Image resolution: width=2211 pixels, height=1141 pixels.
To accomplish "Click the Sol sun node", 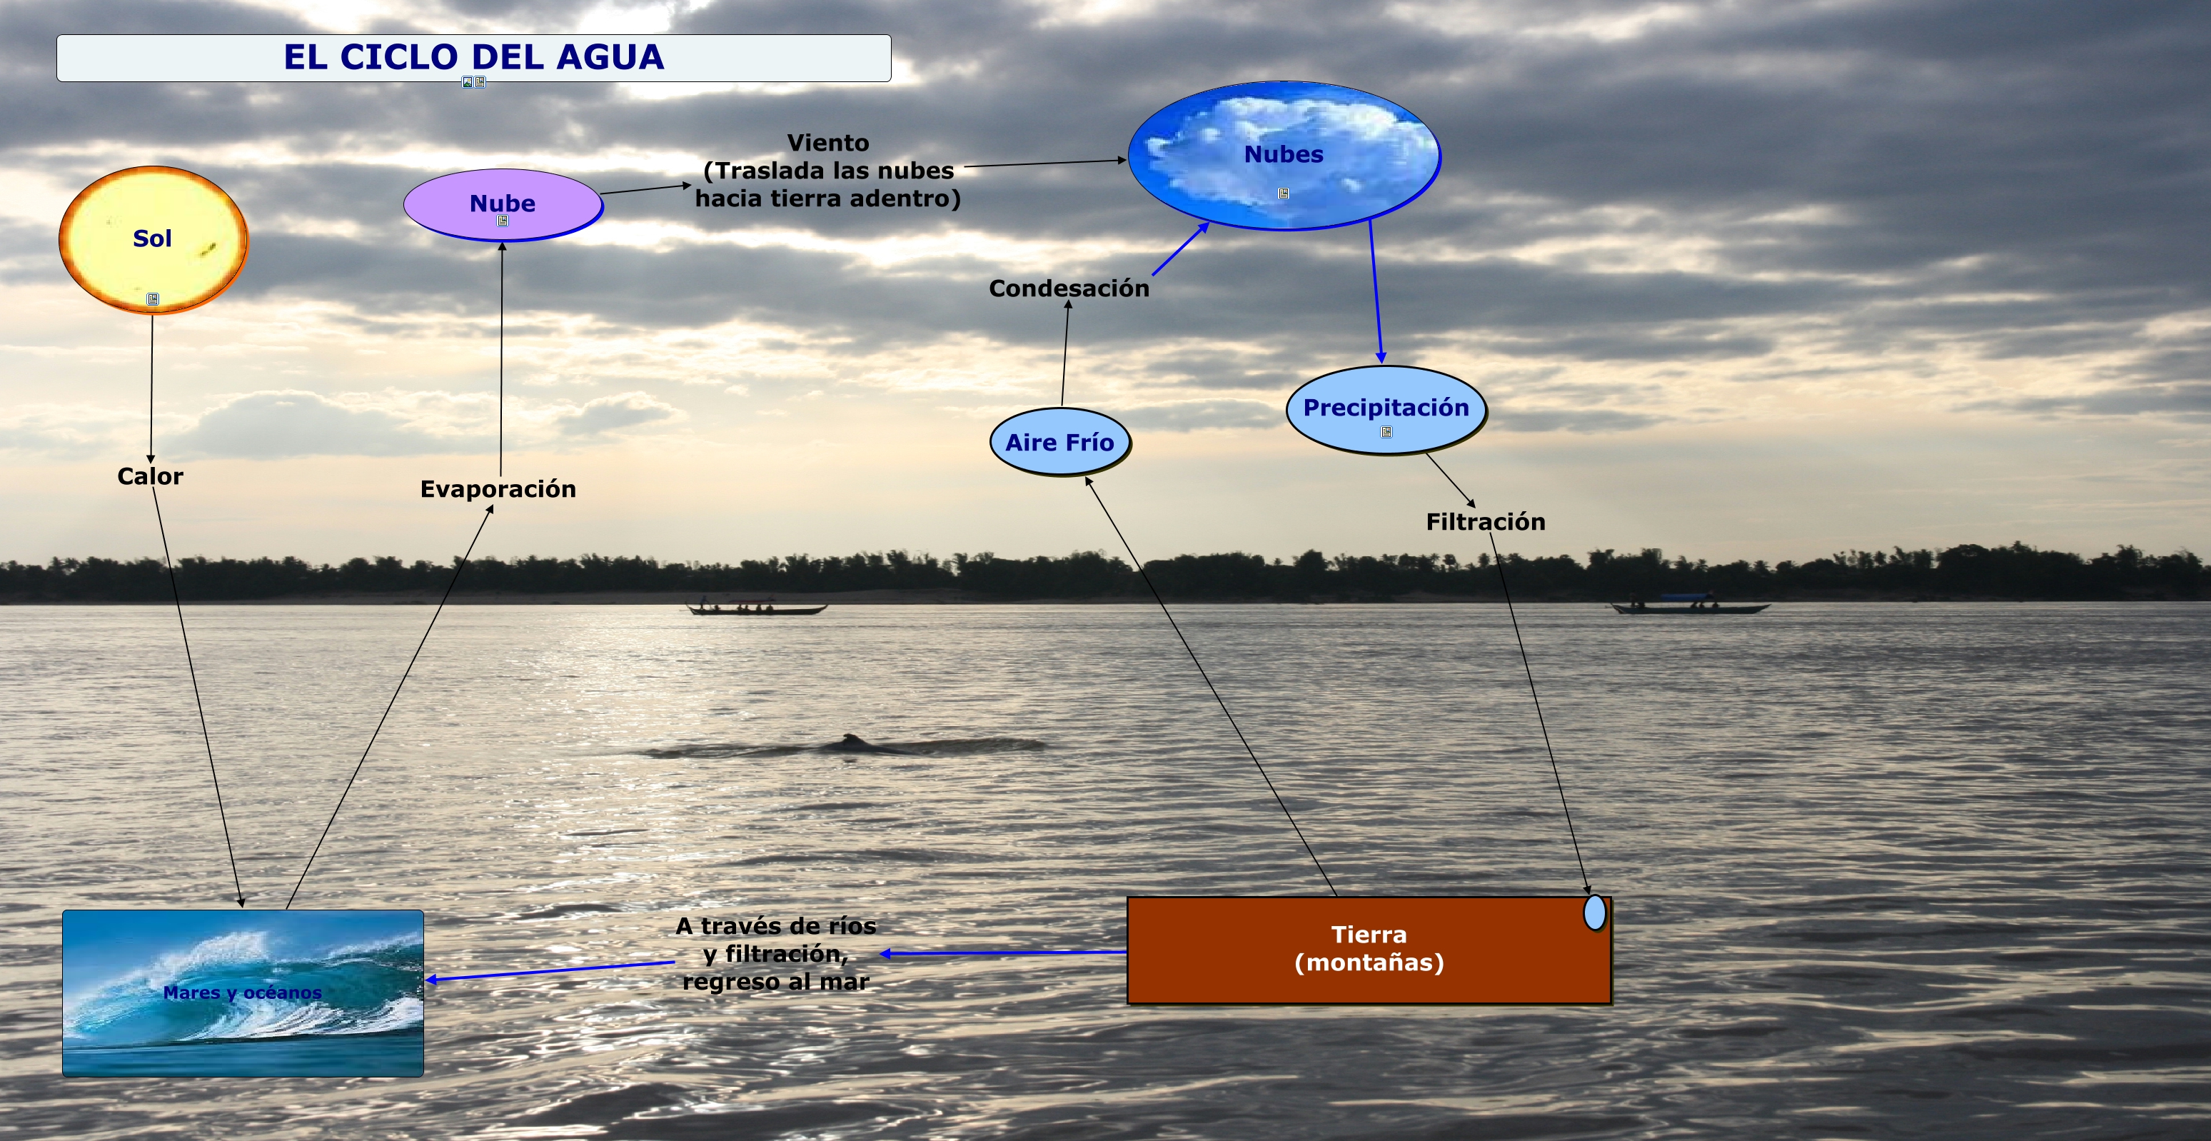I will [x=153, y=238].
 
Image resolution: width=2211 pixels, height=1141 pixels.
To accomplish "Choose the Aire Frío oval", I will [x=1059, y=442].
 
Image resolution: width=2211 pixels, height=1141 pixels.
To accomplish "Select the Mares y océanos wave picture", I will [x=242, y=992].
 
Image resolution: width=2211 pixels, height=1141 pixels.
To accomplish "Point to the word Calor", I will [x=150, y=476].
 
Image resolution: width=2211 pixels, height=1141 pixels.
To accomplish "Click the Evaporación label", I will [x=498, y=489].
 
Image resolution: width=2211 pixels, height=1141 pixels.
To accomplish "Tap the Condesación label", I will [x=1069, y=288].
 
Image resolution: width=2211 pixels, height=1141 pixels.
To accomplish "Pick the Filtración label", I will [x=1485, y=522].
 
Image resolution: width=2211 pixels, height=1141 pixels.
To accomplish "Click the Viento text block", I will [x=827, y=171].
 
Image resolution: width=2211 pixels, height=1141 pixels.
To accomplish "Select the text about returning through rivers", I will [x=776, y=954].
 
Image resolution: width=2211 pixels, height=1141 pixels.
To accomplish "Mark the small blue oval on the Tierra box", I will [x=1595, y=912].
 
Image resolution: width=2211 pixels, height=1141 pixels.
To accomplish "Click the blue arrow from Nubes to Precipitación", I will [x=1375, y=292].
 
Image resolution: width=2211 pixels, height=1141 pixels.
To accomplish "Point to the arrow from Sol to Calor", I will [x=152, y=386].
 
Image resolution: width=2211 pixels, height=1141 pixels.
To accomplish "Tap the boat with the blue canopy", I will [x=1689, y=604].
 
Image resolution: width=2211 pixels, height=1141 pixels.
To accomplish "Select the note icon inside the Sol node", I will [x=153, y=298].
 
